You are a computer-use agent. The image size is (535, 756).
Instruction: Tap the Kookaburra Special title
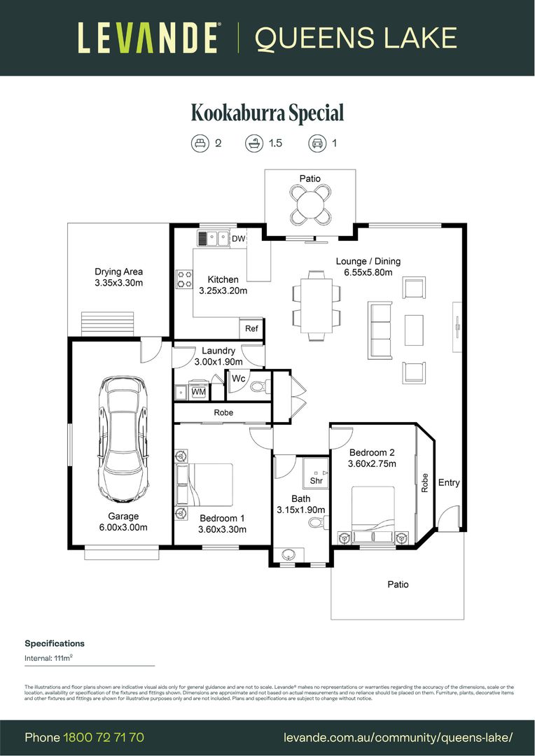(267, 113)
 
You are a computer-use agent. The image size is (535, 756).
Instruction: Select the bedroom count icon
(200, 143)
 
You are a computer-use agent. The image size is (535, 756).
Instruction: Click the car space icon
(317, 143)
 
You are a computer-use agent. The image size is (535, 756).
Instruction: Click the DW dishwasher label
(239, 239)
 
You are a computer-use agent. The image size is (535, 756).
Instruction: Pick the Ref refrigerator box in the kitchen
(251, 328)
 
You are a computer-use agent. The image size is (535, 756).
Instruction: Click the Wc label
(237, 379)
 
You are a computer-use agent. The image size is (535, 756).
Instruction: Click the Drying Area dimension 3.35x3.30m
(119, 283)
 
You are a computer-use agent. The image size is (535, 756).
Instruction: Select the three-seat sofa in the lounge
(380, 330)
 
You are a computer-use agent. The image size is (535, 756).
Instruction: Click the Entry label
(449, 483)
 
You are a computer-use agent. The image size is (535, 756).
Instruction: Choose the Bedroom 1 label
(222, 518)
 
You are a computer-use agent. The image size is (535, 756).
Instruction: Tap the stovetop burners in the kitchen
(184, 279)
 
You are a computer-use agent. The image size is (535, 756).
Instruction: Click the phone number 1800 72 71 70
(104, 737)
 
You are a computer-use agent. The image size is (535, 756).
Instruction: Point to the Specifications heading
(55, 643)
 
